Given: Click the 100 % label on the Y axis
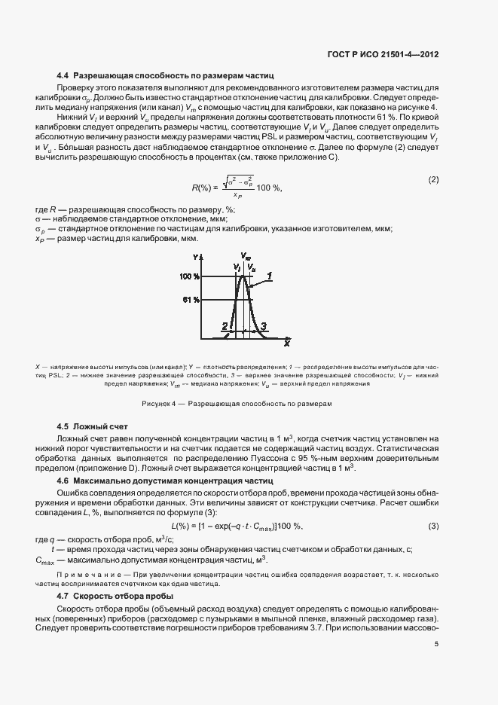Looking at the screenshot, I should pos(191,277).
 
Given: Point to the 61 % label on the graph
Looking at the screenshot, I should pos(191,299).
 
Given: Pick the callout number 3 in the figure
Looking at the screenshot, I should pos(262,325).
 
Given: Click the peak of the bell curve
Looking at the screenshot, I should pos(242,276).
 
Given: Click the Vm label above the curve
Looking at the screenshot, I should pos(246,257).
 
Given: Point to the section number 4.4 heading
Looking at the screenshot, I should pos(63,76).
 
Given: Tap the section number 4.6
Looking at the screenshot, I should pos(63,480).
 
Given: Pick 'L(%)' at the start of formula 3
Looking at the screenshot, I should pos(184,525).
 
